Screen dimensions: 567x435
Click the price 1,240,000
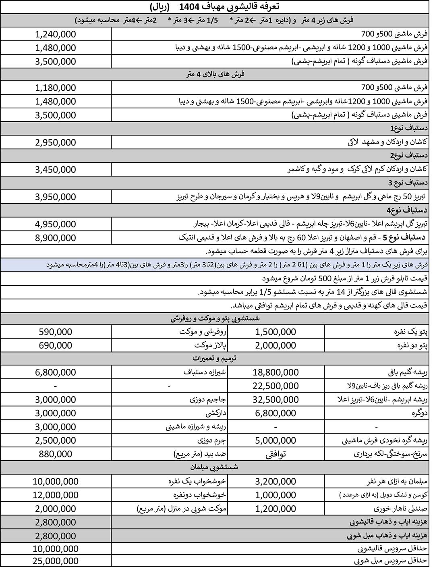click(x=56, y=34)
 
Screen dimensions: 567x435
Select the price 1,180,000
click(x=56, y=87)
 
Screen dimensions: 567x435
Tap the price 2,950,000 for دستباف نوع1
click(x=56, y=142)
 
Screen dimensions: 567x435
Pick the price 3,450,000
click(x=56, y=170)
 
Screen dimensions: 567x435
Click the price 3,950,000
click(x=56, y=197)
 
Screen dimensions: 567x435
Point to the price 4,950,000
click(x=56, y=224)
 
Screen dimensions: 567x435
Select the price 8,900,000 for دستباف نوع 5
click(x=56, y=238)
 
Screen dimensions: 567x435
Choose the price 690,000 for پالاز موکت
click(x=56, y=345)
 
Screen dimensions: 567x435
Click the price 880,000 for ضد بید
click(x=56, y=454)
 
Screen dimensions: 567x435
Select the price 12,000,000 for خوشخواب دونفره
click(x=56, y=495)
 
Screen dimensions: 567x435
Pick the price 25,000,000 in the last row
click(x=56, y=561)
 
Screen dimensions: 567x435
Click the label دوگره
click(x=419, y=413)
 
